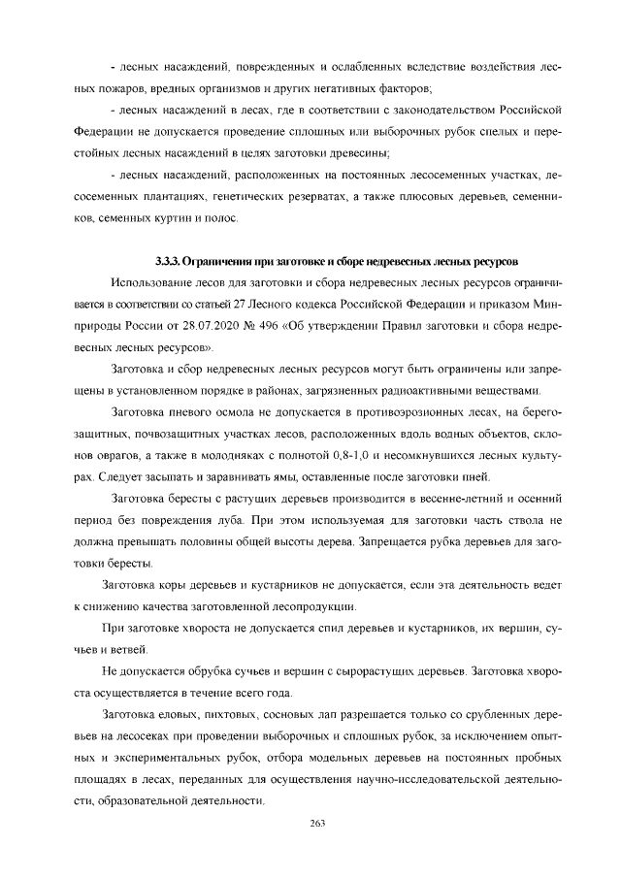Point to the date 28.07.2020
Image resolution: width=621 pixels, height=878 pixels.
click(x=207, y=325)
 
